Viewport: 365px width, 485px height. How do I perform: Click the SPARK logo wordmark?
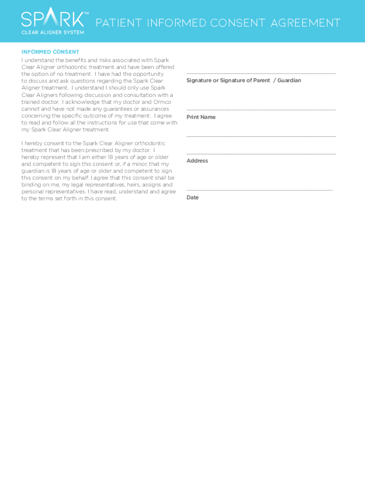(52, 20)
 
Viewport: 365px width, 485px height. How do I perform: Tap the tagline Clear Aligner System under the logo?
(53, 32)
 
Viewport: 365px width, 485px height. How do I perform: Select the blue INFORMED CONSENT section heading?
(50, 52)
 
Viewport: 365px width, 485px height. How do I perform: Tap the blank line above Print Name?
(261, 110)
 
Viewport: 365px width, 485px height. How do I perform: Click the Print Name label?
(201, 117)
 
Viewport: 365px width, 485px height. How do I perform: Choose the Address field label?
(197, 161)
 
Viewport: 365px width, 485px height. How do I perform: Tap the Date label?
(192, 198)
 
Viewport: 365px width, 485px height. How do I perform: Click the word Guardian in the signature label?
(289, 81)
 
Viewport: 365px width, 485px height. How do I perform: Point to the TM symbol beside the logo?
(86, 14)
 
